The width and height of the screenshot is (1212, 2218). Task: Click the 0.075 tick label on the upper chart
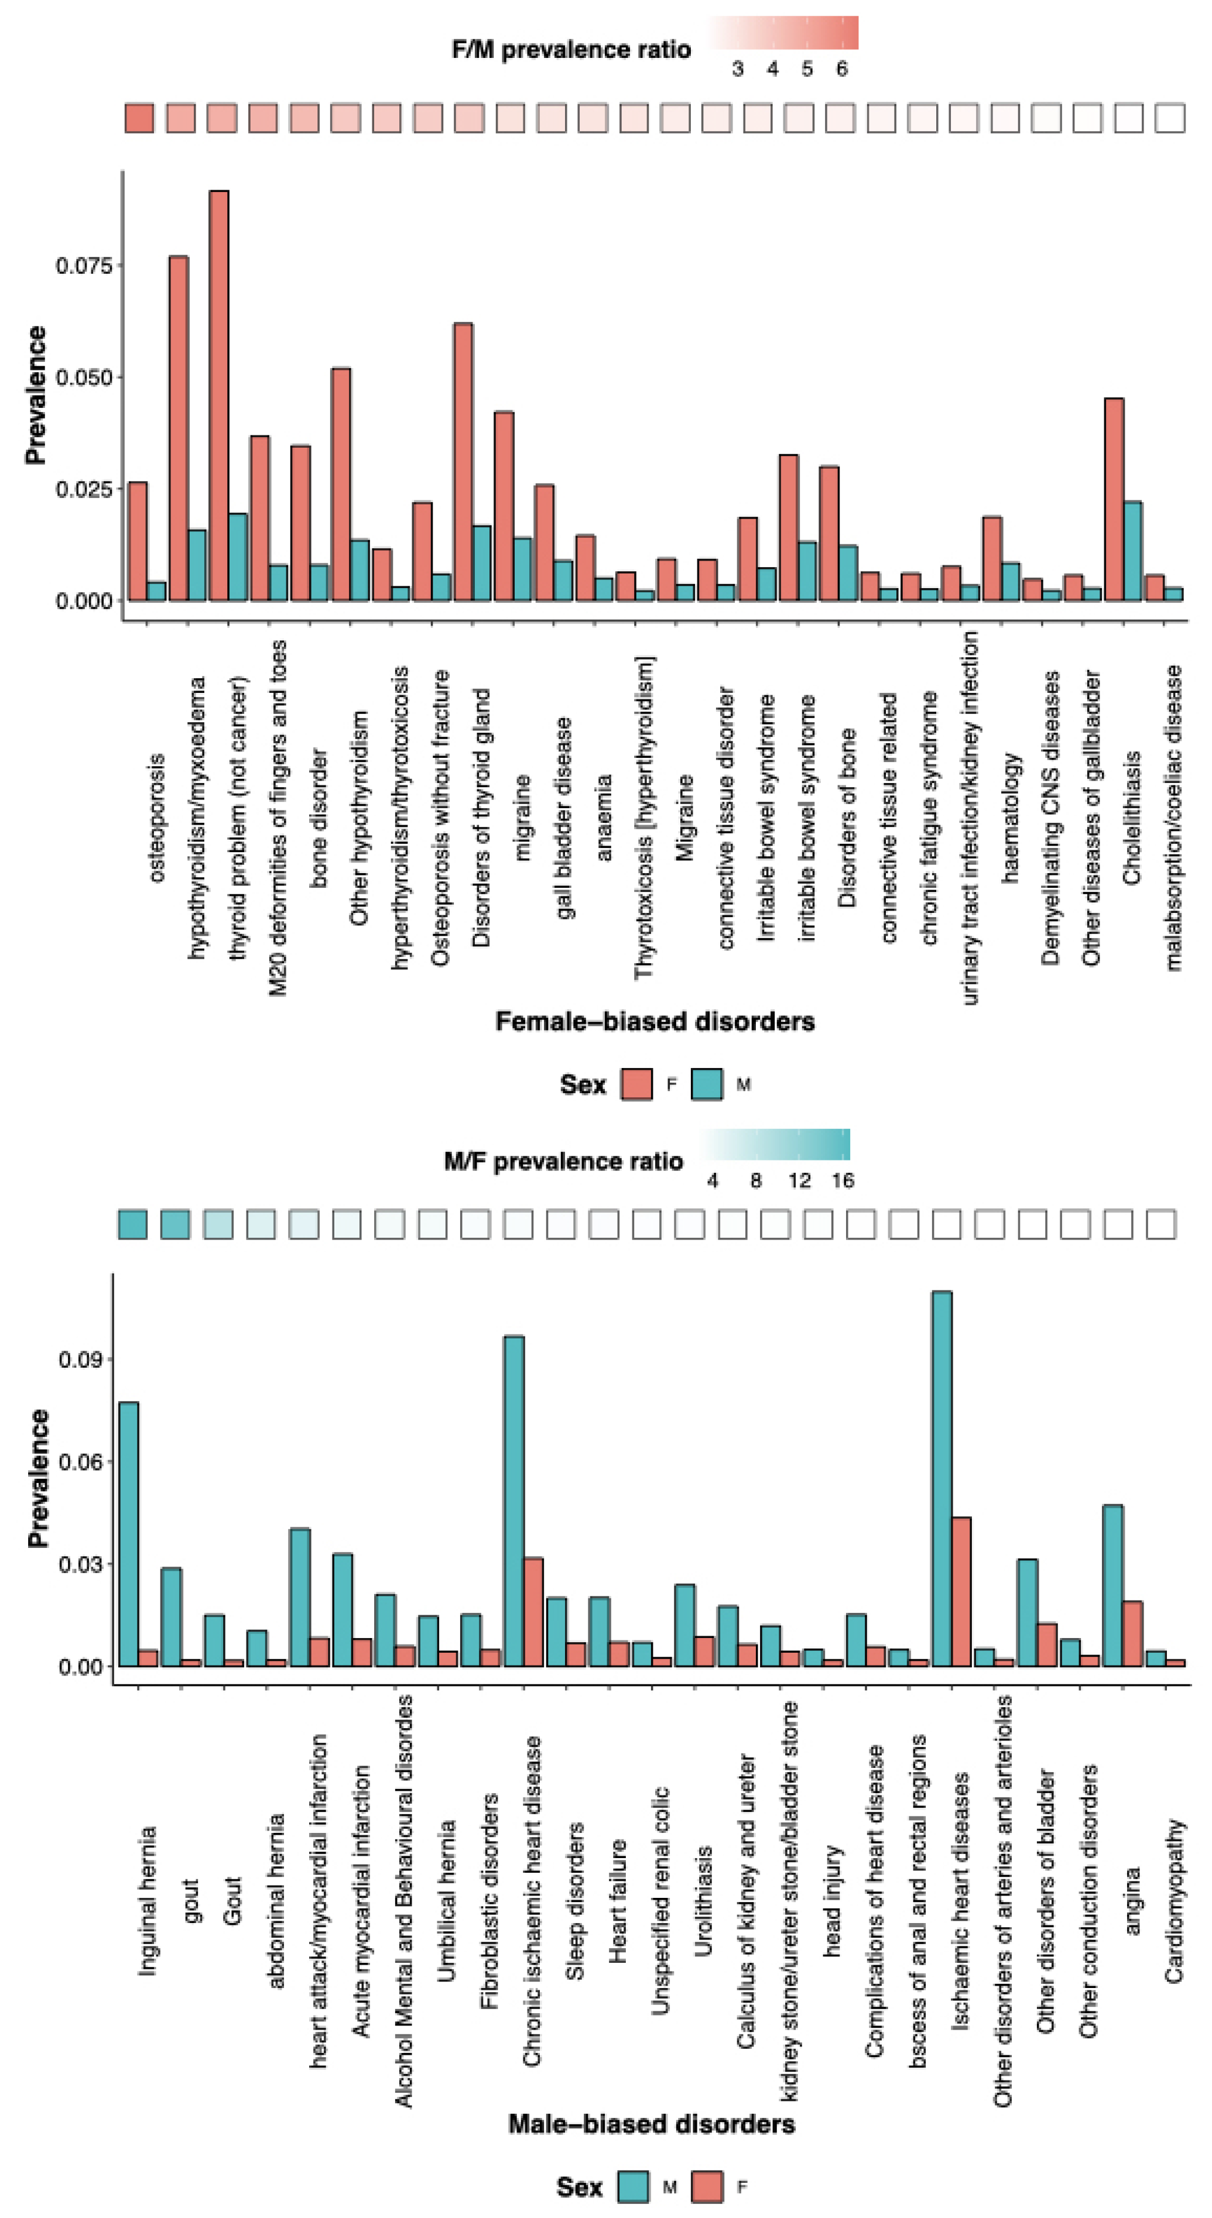(84, 265)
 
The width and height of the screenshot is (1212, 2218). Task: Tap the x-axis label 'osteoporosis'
(156, 818)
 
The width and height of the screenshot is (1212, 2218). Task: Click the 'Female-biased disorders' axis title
(655, 1021)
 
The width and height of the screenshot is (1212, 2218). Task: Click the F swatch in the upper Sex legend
(636, 1084)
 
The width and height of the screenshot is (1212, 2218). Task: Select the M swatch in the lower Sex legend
(633, 2187)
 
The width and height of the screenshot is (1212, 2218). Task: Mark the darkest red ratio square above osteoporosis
(139, 118)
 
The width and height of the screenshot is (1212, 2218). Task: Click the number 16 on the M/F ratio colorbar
(843, 1180)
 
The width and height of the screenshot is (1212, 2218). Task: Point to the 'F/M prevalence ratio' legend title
(571, 50)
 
